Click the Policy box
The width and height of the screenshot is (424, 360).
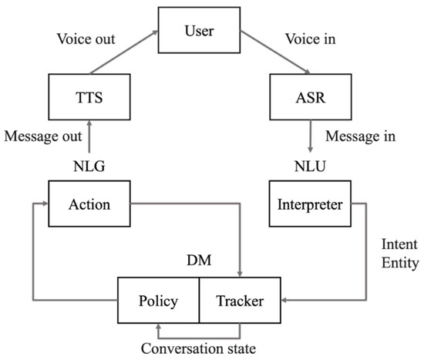158,301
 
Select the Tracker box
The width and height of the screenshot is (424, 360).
240,301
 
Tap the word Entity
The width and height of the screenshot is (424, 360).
399,264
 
